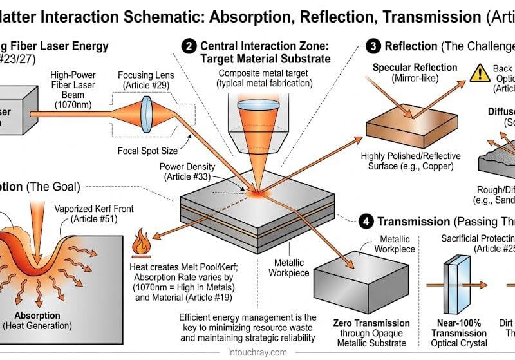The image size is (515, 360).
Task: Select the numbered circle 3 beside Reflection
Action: pyautogui.click(x=373, y=46)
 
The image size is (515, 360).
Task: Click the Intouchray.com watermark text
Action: pyautogui.click(x=257, y=351)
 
